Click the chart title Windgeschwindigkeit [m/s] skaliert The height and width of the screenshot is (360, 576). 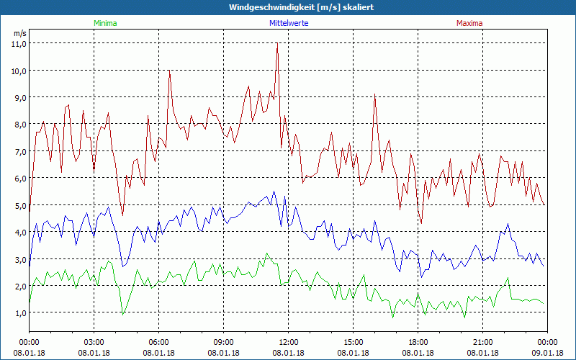pyautogui.click(x=288, y=7)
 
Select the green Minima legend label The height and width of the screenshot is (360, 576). pyautogui.click(x=105, y=23)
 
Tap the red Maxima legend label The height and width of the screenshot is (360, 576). pyautogui.click(x=468, y=23)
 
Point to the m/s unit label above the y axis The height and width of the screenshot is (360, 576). pyautogui.click(x=19, y=33)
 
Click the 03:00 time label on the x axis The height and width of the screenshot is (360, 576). pyautogui.click(x=94, y=342)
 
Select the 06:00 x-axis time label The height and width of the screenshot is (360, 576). pyautogui.click(x=159, y=342)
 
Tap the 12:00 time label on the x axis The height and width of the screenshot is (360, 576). pyautogui.click(x=289, y=342)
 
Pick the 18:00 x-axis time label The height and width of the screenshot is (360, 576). pyautogui.click(x=418, y=342)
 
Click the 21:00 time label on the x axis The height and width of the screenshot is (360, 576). pyautogui.click(x=483, y=342)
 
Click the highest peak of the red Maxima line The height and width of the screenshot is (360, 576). pyautogui.click(x=277, y=44)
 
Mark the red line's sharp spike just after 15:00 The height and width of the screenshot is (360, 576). pyautogui.click(x=374, y=94)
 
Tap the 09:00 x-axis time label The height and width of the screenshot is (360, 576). pyautogui.click(x=224, y=342)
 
